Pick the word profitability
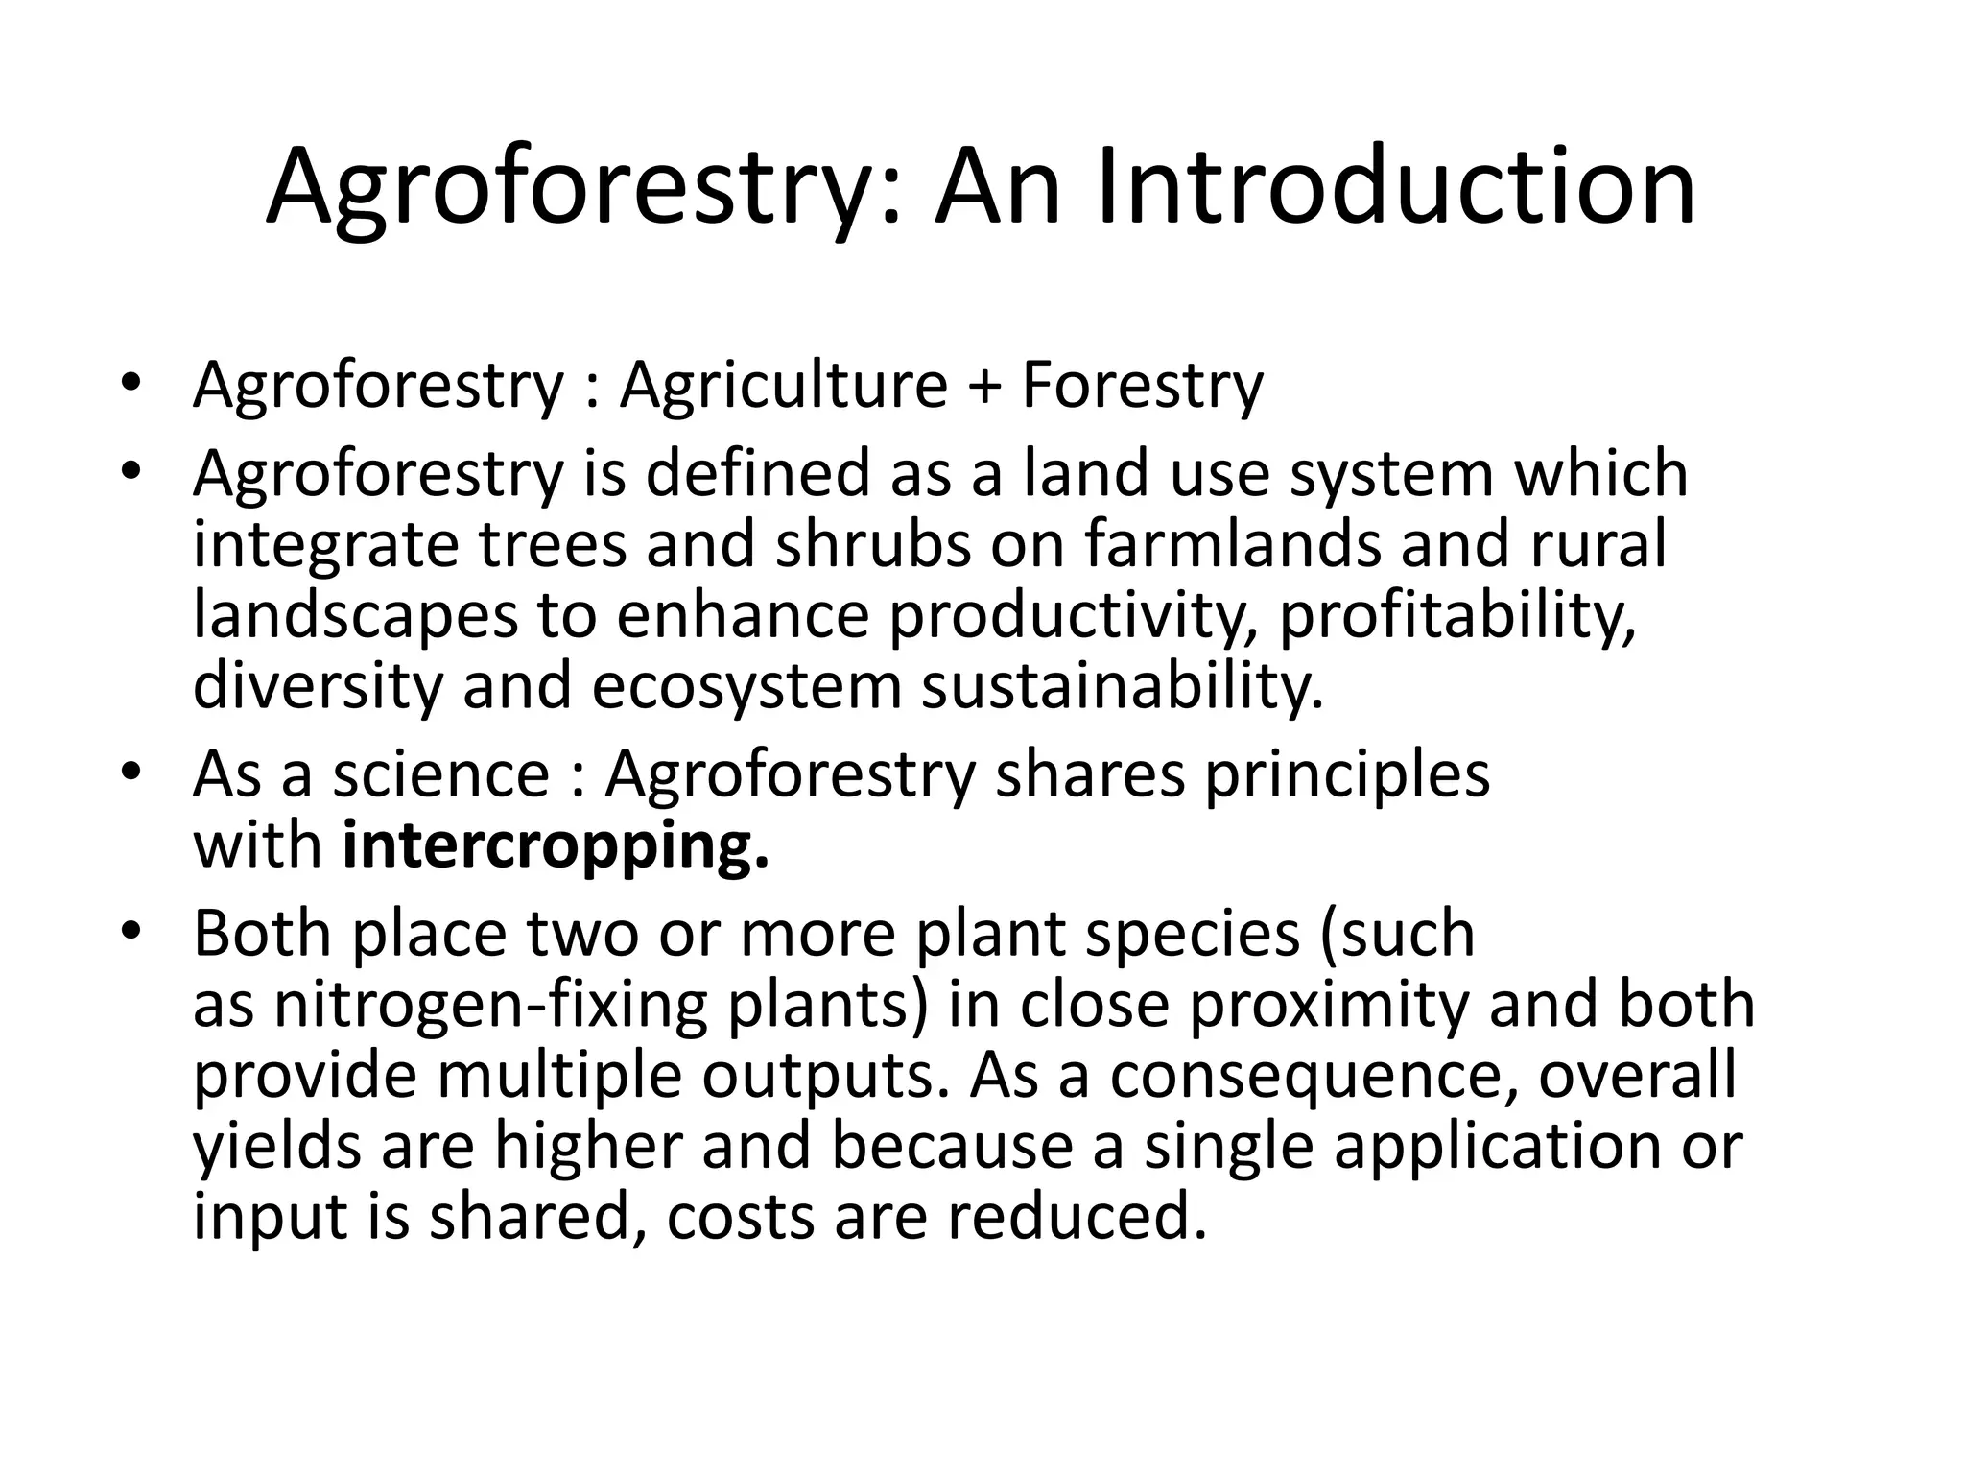click(x=1457, y=616)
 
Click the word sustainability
click(x=1123, y=687)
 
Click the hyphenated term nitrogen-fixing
click(x=490, y=1006)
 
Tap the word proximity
click(x=1329, y=1006)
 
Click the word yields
click(x=277, y=1148)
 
